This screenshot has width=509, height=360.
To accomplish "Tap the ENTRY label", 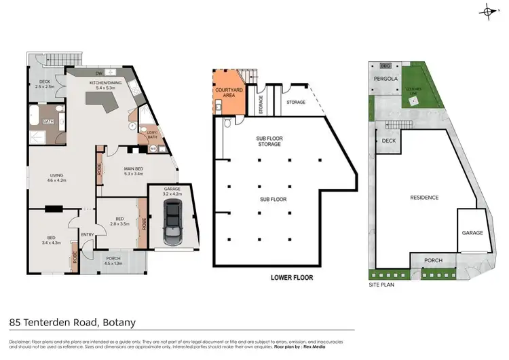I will [x=88, y=235].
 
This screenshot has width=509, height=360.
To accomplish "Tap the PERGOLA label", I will [x=385, y=79].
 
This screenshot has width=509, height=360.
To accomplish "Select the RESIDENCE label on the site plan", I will [x=424, y=198].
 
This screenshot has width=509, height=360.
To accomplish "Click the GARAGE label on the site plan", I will [x=472, y=232].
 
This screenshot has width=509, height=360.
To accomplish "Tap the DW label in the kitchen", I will [x=98, y=73].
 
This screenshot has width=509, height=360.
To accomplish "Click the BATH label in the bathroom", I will [x=48, y=122].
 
